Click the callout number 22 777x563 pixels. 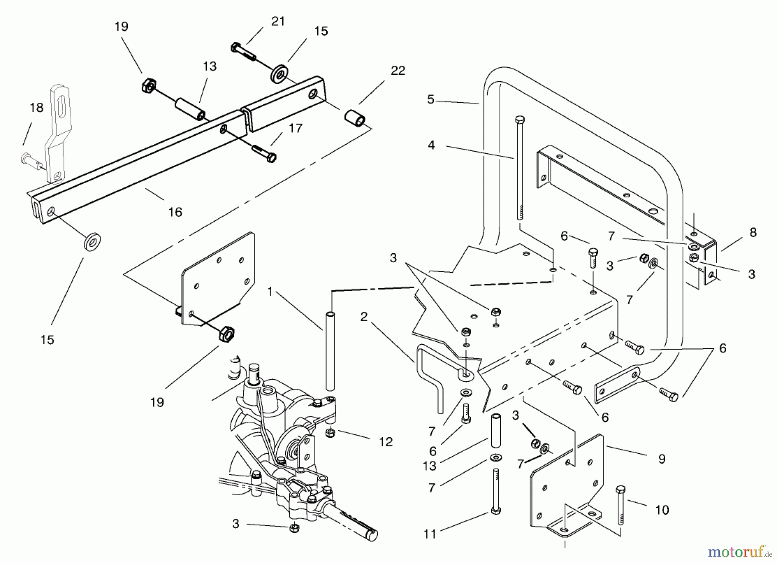pos(398,71)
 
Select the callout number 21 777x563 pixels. pos(278,21)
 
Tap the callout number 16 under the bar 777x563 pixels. pos(175,212)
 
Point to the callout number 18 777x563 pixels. pos(37,108)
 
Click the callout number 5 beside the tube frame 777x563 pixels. pos(430,99)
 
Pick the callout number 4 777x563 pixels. pos(431,145)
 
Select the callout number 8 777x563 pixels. pos(753,232)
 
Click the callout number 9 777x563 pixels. pos(662,459)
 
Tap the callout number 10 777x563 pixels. pos(662,510)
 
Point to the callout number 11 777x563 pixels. pos(430,534)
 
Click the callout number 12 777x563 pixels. pos(385,442)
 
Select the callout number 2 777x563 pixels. pos(364,317)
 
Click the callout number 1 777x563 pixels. pos(270,292)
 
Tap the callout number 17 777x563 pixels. pos(295,128)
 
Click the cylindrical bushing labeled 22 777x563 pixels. pos(355,118)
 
